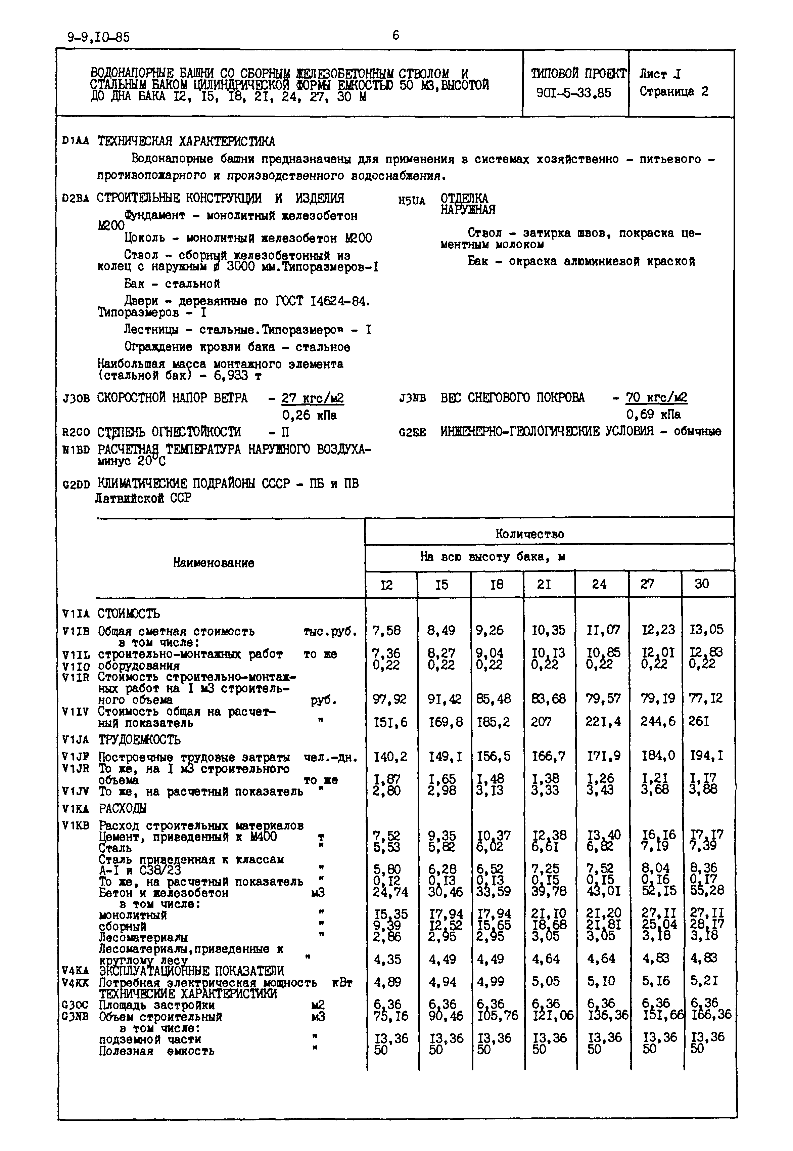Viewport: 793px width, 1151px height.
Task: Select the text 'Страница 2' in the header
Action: [674, 91]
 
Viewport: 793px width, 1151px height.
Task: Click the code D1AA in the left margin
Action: [76, 141]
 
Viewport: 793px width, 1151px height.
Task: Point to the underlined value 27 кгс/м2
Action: [313, 398]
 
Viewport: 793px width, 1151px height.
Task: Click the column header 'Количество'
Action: [530, 534]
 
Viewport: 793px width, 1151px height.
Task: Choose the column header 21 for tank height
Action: [544, 585]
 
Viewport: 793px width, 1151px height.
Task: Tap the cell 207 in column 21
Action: [541, 721]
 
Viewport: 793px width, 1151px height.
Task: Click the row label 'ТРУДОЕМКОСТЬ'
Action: [139, 739]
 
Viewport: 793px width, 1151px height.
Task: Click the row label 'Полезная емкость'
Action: [156, 1052]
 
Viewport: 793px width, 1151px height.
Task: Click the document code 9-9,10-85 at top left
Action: [98, 37]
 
